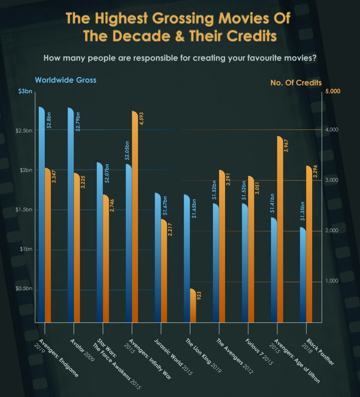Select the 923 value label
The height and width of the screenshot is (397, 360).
tap(199, 296)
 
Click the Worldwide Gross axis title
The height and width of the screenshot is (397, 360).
tap(65, 80)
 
